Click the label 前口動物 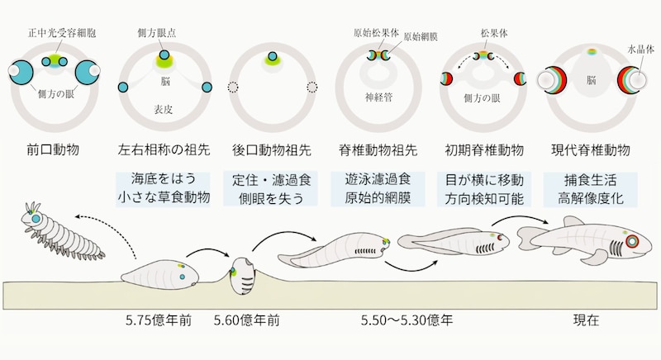tap(51, 151)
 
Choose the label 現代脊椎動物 tap(591, 151)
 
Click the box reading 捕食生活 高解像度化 tap(591, 189)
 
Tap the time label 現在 tap(586, 320)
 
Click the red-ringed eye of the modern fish tap(632, 243)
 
